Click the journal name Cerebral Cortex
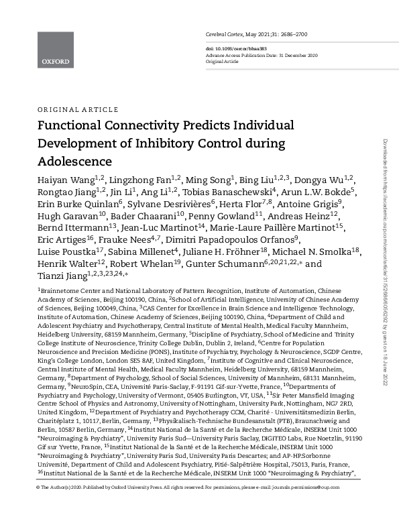(225, 34)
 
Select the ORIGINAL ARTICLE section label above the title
(69, 109)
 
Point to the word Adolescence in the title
(74, 162)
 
